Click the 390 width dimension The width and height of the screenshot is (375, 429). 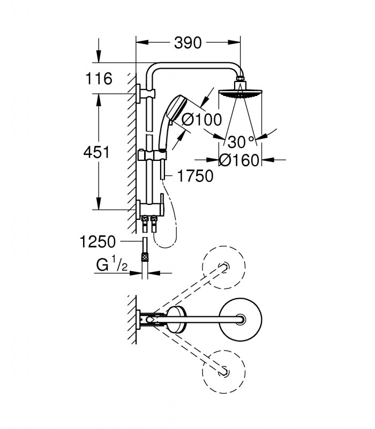click(188, 43)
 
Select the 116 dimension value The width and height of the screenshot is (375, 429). click(99, 78)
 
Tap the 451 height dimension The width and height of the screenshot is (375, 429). click(96, 152)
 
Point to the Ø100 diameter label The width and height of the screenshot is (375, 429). click(202, 120)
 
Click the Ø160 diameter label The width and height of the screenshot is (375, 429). click(239, 160)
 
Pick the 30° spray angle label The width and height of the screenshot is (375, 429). click(241, 142)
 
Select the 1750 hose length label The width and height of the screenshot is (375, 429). click(195, 176)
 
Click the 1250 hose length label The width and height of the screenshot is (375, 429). click(97, 242)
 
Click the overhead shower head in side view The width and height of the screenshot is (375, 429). click(240, 93)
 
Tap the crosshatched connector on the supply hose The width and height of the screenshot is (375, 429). click(145, 257)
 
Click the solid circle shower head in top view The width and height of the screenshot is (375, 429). click(241, 319)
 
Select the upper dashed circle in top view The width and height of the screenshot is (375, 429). click(223, 267)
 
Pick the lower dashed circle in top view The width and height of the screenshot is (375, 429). click(223, 372)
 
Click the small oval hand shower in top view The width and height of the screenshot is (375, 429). click(176, 320)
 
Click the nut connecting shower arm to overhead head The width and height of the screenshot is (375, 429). click(240, 80)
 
